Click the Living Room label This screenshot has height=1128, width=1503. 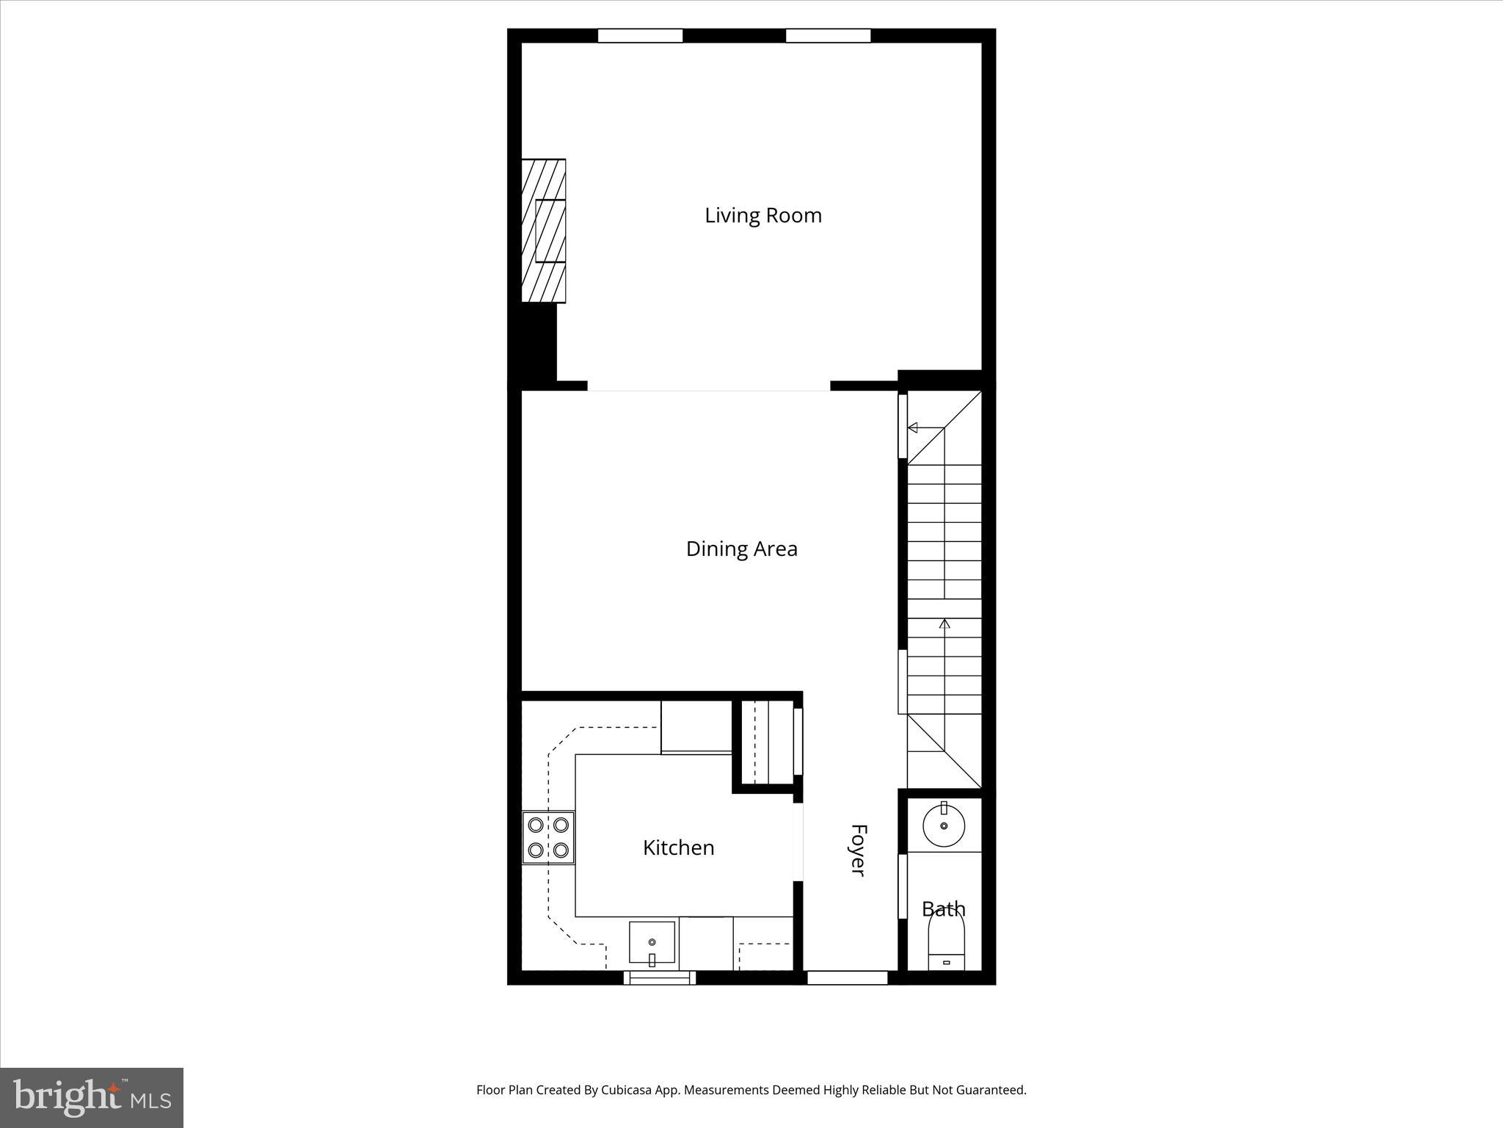coord(763,216)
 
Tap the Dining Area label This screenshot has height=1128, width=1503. coord(741,549)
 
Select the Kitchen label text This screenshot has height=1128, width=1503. coord(678,848)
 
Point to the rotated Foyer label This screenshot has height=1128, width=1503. coord(858,850)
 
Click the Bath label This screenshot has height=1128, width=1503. coord(943,909)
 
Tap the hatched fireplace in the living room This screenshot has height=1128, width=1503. coord(543,231)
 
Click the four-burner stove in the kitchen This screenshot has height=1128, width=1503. coord(548,838)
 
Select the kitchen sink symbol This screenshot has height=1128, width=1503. coord(652,943)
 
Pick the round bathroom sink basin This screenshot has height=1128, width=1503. coord(944,825)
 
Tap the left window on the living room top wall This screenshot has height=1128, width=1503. coord(640,35)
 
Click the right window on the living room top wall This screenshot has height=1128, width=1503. coord(828,35)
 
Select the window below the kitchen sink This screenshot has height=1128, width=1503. coord(659,977)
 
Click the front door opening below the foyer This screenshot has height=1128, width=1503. coord(848,977)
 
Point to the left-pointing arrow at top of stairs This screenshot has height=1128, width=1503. coord(913,427)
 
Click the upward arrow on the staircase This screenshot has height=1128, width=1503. coord(945,624)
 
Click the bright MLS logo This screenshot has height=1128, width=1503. coord(92,1097)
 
